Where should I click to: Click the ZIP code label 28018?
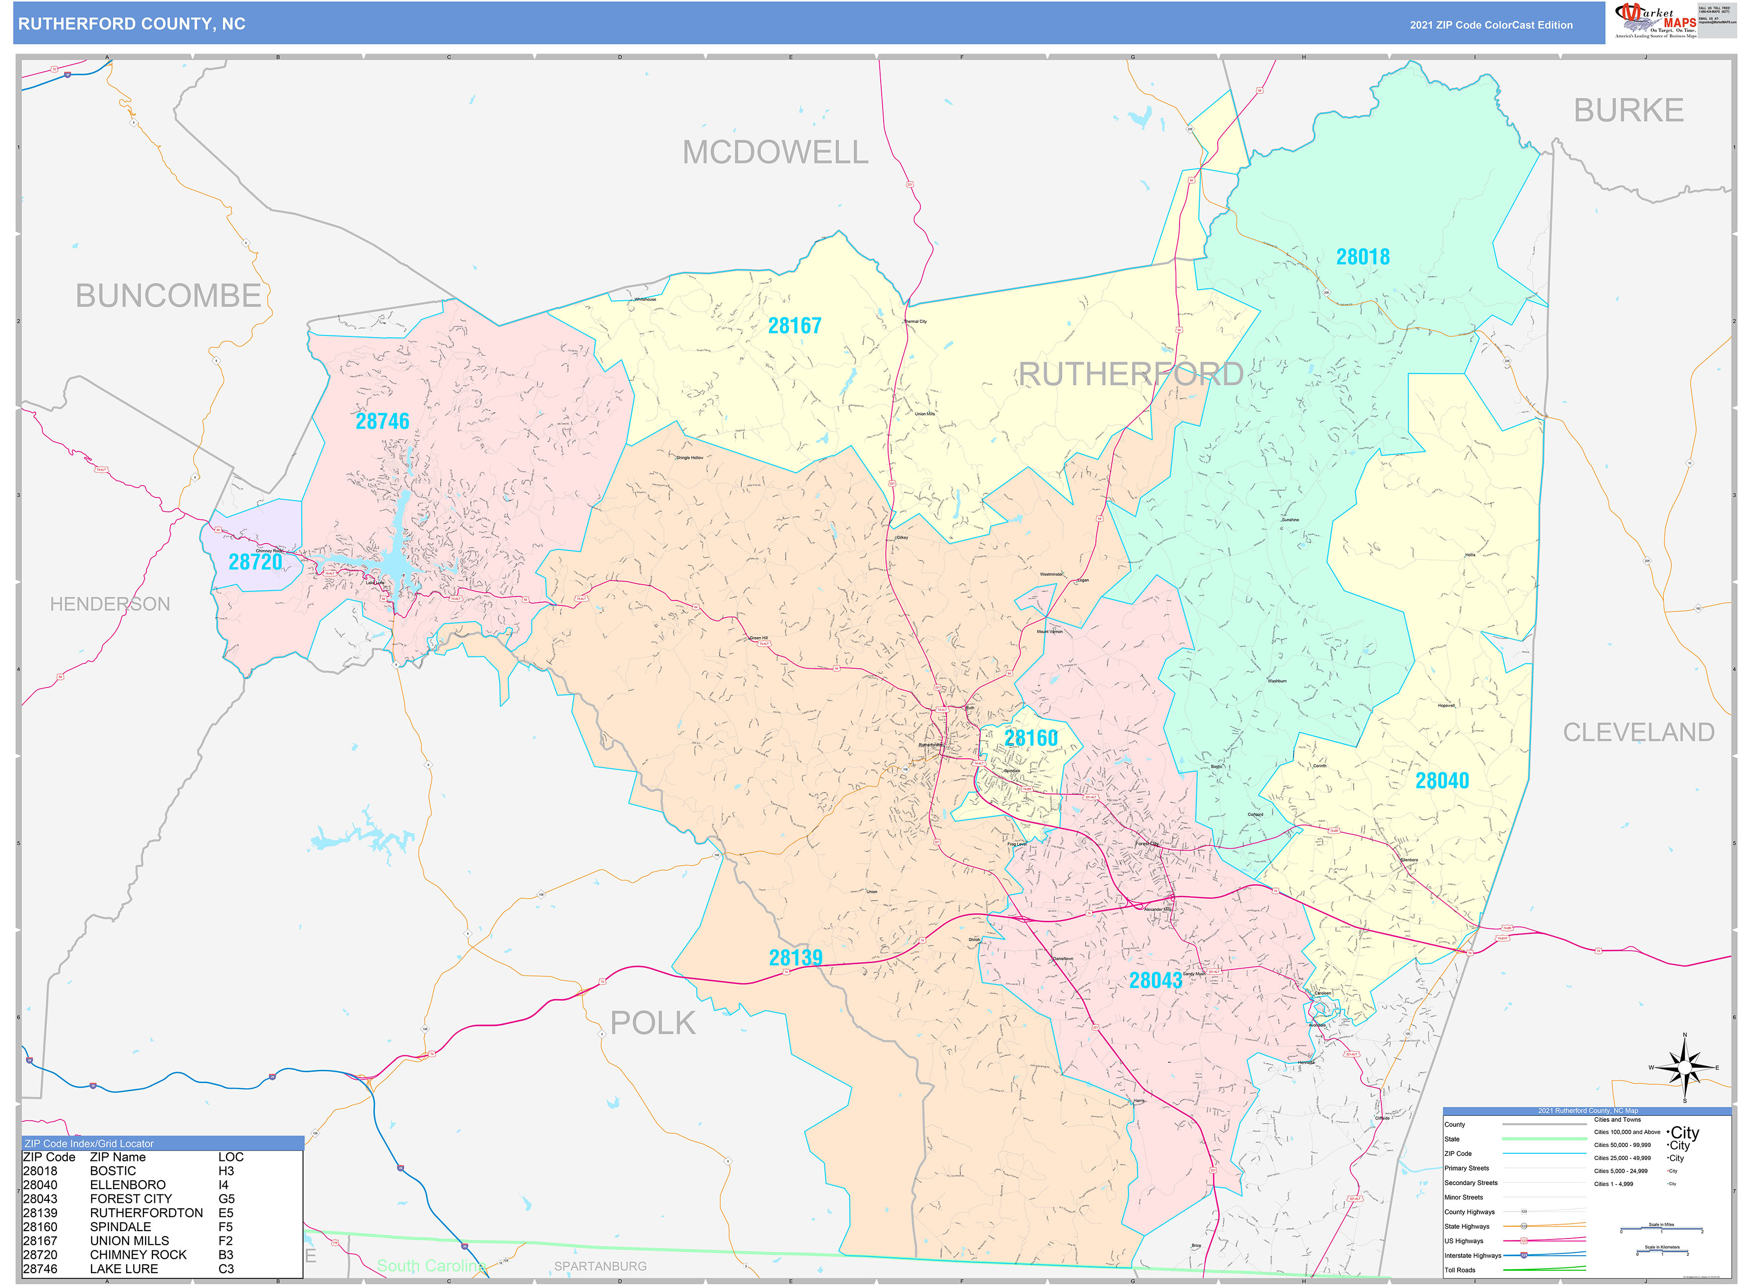coord(1362,257)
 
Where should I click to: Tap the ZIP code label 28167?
coord(794,325)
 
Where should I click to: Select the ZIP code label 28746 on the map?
coord(382,421)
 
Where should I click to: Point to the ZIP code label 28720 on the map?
coord(255,561)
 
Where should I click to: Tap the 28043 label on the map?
coord(1155,980)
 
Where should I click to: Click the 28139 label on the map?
coord(795,958)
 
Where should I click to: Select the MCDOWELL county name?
coord(775,152)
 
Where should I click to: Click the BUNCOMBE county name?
coord(168,296)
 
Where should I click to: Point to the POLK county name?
coord(653,1023)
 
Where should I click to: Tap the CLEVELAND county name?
coord(1638,733)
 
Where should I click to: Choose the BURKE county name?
coord(1628,110)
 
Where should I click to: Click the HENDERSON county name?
coord(110,604)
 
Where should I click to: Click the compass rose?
coord(1684,1067)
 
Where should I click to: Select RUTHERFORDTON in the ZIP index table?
coord(146,1213)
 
